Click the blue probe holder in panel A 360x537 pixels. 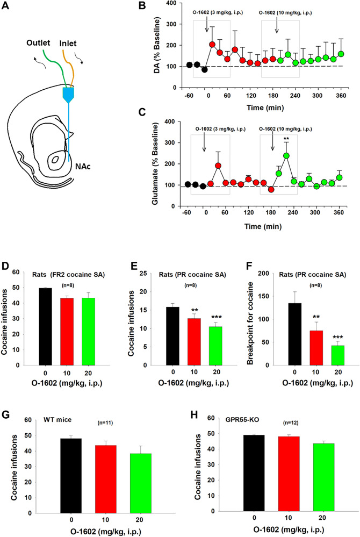click(x=69, y=96)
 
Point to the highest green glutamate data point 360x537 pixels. click(x=286, y=156)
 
